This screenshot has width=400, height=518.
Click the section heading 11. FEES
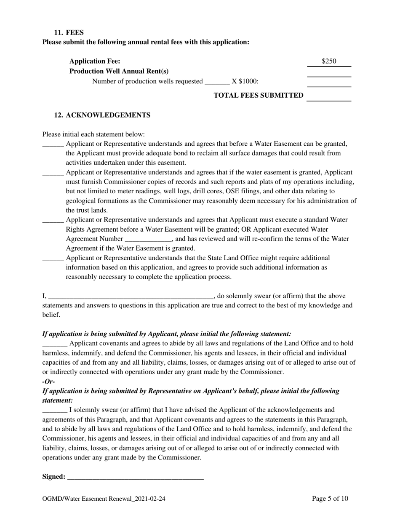[69, 32]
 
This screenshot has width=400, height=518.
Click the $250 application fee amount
[329, 61]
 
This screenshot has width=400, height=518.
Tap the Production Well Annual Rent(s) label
[119, 71]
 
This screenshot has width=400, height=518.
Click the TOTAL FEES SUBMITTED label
[259, 96]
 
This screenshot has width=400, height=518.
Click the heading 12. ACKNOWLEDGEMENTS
[102, 115]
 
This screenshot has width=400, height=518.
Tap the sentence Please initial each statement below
[93, 134]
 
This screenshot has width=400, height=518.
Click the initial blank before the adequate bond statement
[53, 144]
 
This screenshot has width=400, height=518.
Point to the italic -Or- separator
[49, 382]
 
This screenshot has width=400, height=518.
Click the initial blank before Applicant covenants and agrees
[55, 344]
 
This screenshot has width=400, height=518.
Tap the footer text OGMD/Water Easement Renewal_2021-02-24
[104, 499]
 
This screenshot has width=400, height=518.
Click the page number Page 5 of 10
[330, 499]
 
